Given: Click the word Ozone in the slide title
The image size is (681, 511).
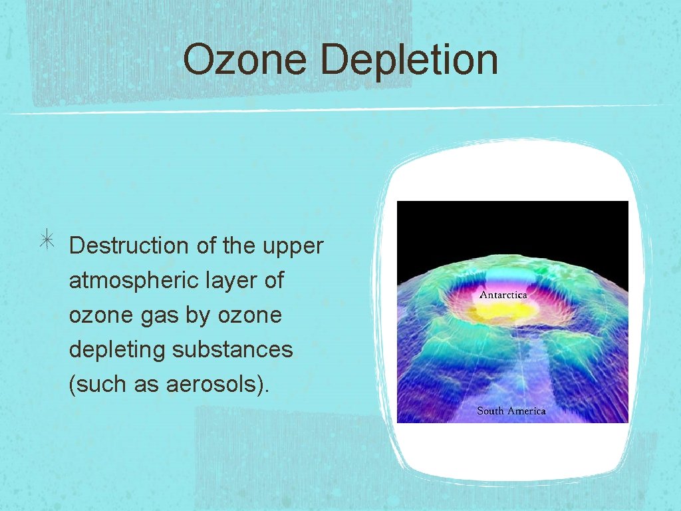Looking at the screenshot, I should coord(243,59).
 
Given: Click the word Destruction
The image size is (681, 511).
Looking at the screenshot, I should coord(129,246).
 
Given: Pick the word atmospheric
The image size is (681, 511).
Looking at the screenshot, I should coord(128,281).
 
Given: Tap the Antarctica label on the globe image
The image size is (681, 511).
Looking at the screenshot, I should coord(503,295).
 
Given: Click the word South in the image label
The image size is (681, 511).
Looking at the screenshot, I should coord(490,411).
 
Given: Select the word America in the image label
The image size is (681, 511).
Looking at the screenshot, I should coord(527,411).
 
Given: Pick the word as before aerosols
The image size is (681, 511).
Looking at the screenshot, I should coord(148,385).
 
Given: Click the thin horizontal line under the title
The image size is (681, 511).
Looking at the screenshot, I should coord(333,110).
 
